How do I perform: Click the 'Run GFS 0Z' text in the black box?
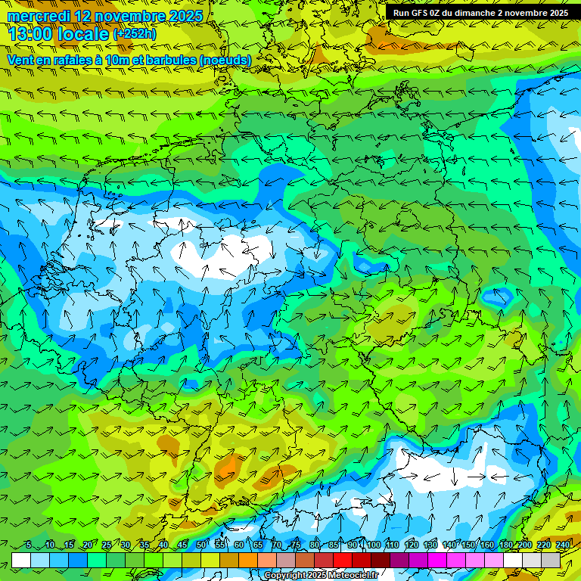click(420, 13)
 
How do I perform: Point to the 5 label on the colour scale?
click(28, 545)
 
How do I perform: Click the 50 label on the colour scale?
click(200, 545)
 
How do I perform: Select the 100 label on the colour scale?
click(373, 545)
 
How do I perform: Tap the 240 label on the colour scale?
click(562, 545)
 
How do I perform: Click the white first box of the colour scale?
click(21, 560)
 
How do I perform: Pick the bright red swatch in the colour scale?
click(343, 560)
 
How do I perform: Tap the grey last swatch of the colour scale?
click(551, 560)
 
